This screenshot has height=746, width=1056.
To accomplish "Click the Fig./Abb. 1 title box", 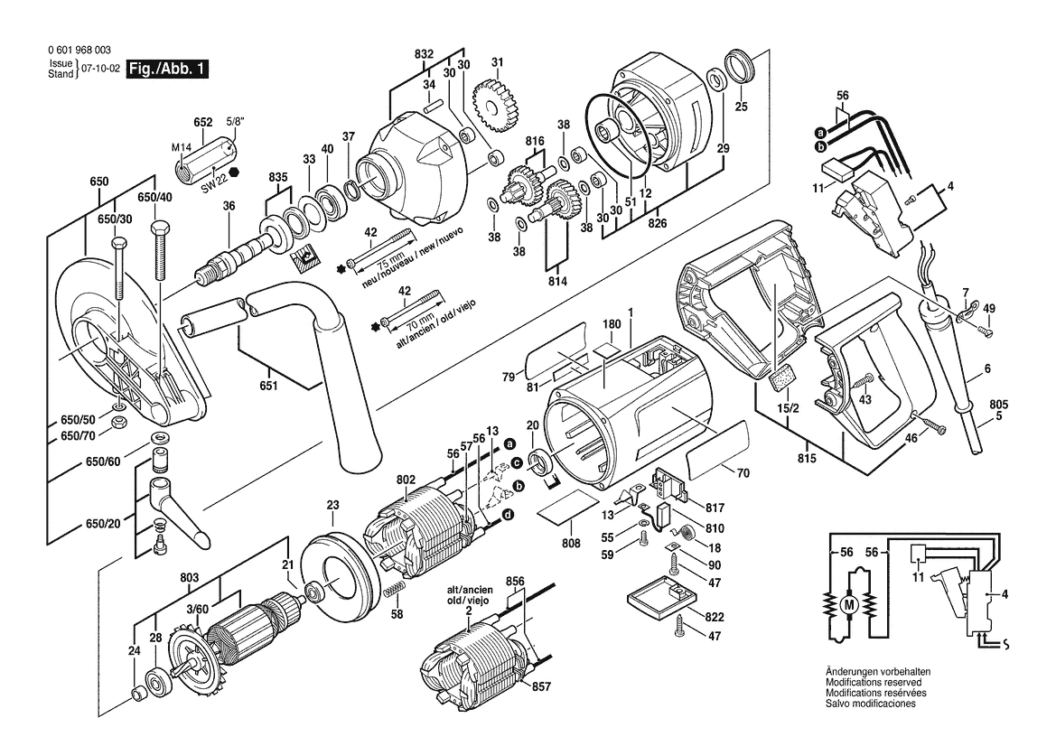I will pos(167,69).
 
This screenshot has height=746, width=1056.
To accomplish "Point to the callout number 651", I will pos(269,387).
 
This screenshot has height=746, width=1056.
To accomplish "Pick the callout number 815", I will pos(806,459).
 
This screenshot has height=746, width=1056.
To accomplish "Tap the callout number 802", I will pos(405,480).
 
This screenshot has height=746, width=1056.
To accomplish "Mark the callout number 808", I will pos(571,545).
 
